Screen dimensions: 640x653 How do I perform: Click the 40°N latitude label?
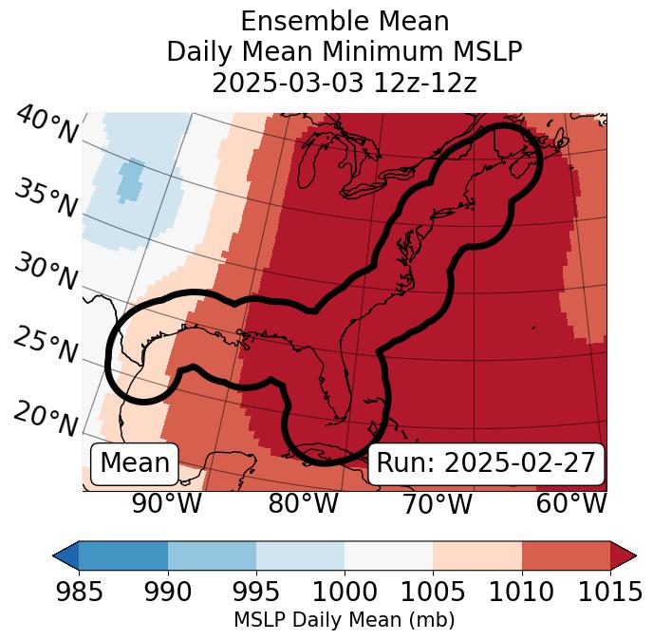coord(46,125)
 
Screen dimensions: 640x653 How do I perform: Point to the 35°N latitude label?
coord(46,198)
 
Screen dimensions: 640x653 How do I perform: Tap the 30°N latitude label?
coord(46,273)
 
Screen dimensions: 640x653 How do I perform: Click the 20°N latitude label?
coord(46,417)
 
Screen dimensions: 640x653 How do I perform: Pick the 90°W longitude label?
coord(167,503)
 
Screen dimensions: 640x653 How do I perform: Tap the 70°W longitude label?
coord(438,503)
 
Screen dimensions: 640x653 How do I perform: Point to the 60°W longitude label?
coord(571,503)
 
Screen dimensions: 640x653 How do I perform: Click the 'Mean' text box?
coord(135,463)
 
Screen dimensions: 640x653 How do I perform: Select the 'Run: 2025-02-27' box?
coord(486,463)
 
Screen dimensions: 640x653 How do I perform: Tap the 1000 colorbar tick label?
coord(345,593)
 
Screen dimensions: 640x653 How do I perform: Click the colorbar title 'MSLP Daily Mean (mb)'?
coord(344,621)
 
